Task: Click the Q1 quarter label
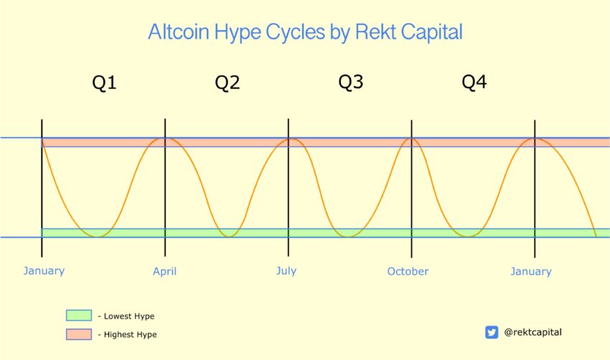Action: coord(104,82)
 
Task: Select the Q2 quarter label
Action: coord(227,82)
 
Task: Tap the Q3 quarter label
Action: coord(350,82)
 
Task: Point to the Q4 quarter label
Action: coord(474,82)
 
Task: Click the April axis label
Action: coord(164,271)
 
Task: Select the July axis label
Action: coord(286,270)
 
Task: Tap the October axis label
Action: coord(408,271)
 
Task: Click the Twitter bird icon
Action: coord(492,333)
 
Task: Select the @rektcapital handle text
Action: coord(532,333)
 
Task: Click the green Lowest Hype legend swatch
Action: coord(79,316)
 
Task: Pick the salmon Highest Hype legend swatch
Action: coord(79,334)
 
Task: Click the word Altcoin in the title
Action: coord(178,32)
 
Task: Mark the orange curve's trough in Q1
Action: coord(97,237)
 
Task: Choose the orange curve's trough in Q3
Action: coord(349,237)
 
